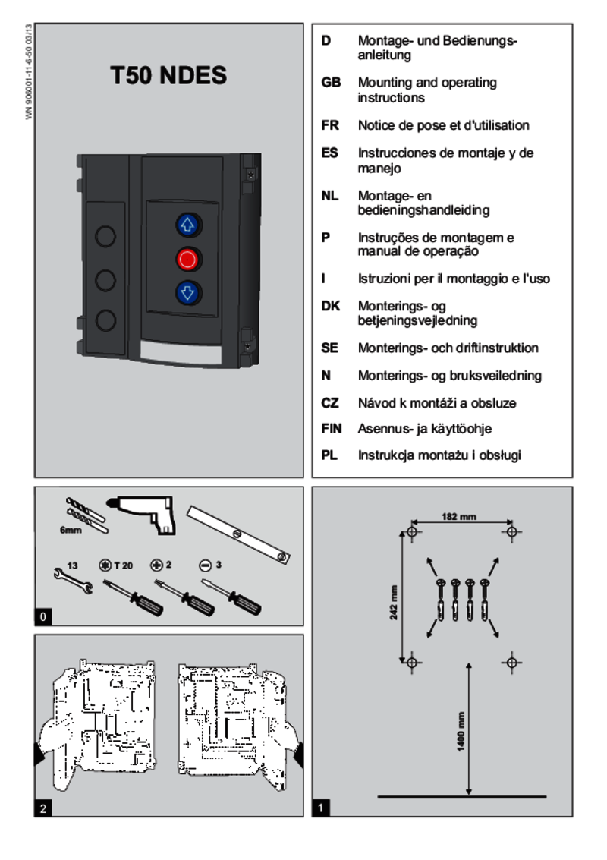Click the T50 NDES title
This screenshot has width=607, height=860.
(168, 77)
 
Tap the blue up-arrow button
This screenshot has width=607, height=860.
(187, 225)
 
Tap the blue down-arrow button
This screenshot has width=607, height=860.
(187, 291)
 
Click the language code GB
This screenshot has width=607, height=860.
(331, 83)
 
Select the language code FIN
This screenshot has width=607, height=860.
(332, 429)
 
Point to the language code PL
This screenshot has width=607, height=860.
(329, 455)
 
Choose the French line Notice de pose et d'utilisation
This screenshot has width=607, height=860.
(443, 125)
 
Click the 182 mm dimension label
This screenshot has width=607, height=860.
(459, 517)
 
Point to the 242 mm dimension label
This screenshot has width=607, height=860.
(394, 602)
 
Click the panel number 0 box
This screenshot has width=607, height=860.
(43, 617)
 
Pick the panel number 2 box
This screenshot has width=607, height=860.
(43, 808)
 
